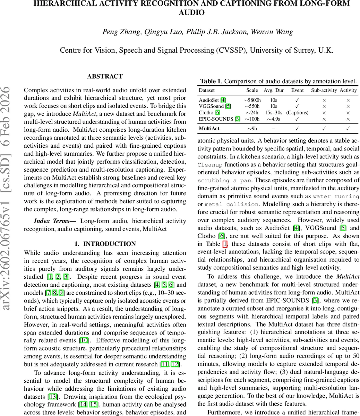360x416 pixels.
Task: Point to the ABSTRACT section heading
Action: pyautogui.click(x=105, y=77)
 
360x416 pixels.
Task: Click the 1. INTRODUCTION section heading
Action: pyautogui.click(x=105, y=244)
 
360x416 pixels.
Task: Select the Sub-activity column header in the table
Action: pyautogui.click(x=324, y=90)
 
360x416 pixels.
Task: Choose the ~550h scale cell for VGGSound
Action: pyautogui.click(x=252, y=106)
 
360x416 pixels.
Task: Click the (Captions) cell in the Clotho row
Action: pyautogui.click(x=297, y=113)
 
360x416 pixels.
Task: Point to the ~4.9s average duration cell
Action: pyautogui.click(x=273, y=119)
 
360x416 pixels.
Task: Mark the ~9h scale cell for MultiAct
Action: pyautogui.click(x=252, y=129)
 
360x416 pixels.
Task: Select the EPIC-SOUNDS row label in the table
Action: pyautogui.click(x=215, y=119)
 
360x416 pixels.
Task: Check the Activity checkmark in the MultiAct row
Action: pyautogui.click(x=348, y=129)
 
